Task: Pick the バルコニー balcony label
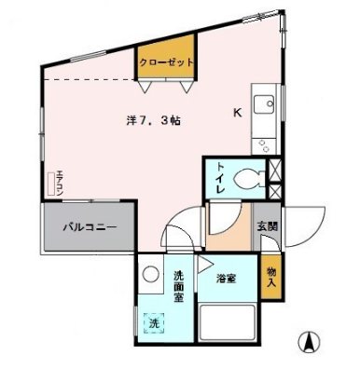pyautogui.click(x=90, y=226)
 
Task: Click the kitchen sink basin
pyautogui.click(x=262, y=102)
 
